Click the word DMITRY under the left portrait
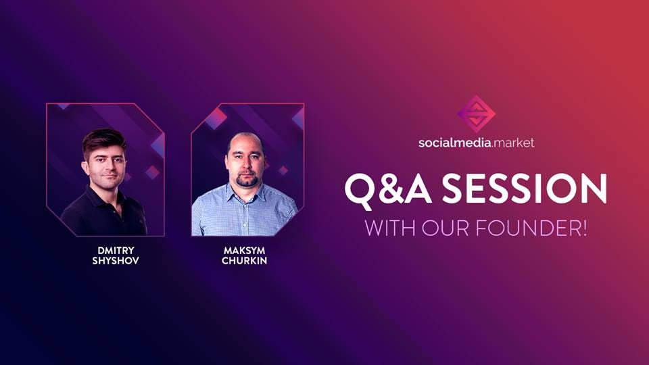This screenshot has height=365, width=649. point(116,250)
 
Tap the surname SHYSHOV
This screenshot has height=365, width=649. point(116,261)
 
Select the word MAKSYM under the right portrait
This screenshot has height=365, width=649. point(244,250)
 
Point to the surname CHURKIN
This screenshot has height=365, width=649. point(244,261)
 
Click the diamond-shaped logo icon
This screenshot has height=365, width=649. point(477,114)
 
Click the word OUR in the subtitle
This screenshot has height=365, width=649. point(446,228)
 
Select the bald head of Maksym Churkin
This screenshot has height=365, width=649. point(245,141)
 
